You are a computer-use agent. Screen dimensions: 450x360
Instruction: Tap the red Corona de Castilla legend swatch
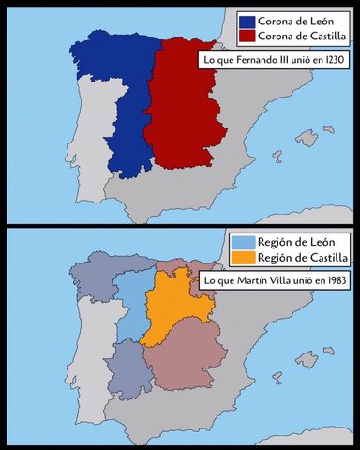coord(247,36)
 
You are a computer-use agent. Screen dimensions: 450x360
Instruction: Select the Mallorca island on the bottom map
coord(306,359)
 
